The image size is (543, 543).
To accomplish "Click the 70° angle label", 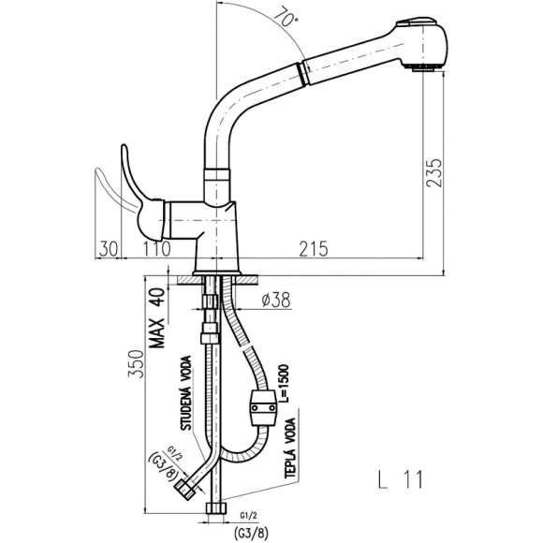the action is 285,17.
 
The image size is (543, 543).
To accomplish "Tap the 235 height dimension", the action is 434,173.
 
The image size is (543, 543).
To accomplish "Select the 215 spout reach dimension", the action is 314,249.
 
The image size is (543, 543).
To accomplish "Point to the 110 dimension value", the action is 156,249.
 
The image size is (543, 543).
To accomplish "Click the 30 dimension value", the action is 109,249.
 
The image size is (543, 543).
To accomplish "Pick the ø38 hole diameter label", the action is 276,300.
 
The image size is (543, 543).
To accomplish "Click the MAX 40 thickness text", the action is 157,317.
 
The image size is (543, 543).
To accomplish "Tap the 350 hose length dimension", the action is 136,364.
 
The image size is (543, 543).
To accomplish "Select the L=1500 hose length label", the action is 285,383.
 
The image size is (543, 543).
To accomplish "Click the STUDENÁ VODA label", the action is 186,393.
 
